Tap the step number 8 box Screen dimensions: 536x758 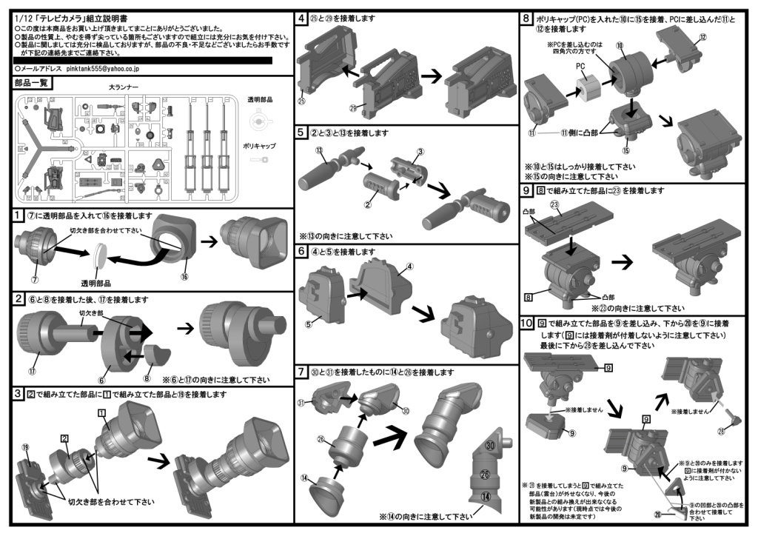[526, 17]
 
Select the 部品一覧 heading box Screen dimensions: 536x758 [31, 83]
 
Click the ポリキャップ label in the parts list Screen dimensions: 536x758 [259, 146]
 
